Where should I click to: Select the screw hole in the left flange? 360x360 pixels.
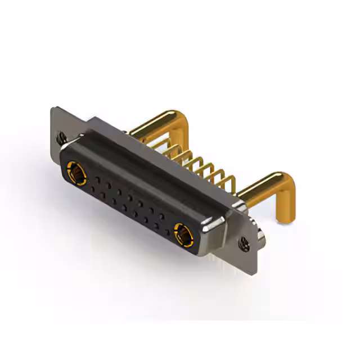pos(61,136)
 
